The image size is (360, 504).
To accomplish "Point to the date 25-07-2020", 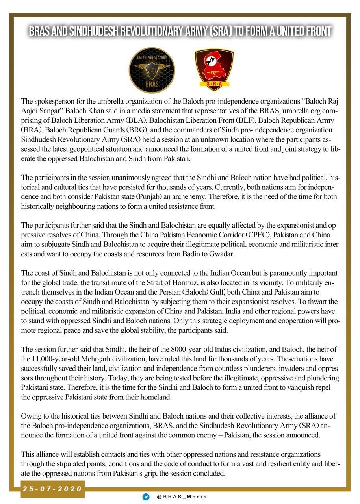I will click(x=52, y=489).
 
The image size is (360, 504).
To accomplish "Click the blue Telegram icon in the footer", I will click(x=146, y=497).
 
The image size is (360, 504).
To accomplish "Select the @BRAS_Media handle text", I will click(x=182, y=497).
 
